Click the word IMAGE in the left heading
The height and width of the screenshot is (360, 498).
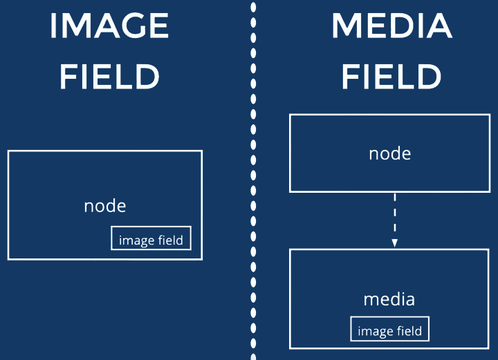click(x=109, y=27)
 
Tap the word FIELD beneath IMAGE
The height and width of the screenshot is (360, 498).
click(x=109, y=77)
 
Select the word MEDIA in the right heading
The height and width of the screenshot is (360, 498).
click(x=391, y=27)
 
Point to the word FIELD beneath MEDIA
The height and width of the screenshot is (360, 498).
click(x=391, y=77)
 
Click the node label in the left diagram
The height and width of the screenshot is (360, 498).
click(x=105, y=205)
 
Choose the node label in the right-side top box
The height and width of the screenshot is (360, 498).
click(x=390, y=153)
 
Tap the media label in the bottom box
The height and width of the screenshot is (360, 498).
click(x=389, y=299)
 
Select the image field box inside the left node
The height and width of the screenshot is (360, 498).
click(x=151, y=238)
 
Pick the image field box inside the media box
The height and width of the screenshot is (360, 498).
click(x=389, y=330)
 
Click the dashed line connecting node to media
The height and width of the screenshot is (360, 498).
click(x=394, y=214)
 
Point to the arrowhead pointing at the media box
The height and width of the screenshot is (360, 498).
click(x=394, y=243)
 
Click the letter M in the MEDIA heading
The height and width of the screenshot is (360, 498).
click(x=347, y=27)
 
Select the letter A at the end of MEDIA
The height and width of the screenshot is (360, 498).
click(x=438, y=27)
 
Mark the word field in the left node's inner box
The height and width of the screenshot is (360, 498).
click(x=170, y=240)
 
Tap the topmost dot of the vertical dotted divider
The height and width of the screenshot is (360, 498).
click(x=253, y=6)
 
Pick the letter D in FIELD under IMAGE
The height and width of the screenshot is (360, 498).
click(x=147, y=77)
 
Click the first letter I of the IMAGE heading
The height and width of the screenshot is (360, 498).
click(x=53, y=27)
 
